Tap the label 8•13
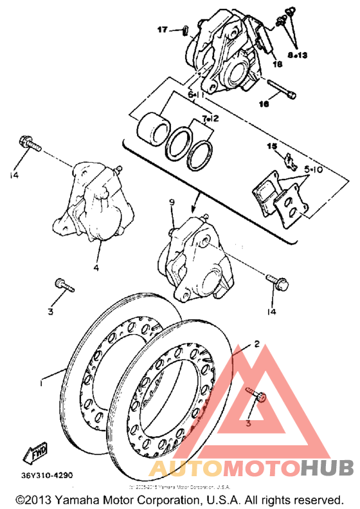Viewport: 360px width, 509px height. [298, 56]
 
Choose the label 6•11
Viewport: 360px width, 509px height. [195, 95]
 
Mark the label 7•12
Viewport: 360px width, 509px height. [210, 119]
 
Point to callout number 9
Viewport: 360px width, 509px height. [172, 203]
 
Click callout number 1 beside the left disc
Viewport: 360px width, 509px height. [42, 384]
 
